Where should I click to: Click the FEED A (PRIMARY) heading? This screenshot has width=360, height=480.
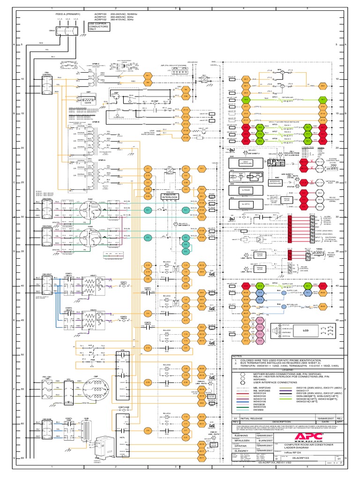[x=68, y=15]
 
